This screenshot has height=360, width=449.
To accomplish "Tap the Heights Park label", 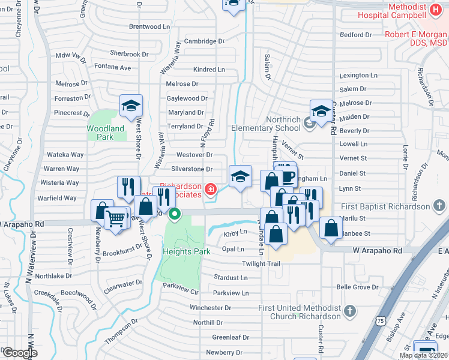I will pos(187,251).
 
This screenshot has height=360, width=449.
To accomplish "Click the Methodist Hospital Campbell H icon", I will pos(436,11).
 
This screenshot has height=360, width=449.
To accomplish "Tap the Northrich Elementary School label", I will pos(267,128).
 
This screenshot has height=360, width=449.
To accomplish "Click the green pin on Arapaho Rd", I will pos(175,213).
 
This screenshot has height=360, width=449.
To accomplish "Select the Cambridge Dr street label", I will pos(204,41).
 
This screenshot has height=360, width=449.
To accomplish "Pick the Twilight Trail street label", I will pos(262,264).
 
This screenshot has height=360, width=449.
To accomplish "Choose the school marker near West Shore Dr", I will pos(130,106).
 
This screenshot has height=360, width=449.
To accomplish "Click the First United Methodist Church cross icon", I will pos(349,311).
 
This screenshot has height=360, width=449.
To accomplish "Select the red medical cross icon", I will pos(210,190).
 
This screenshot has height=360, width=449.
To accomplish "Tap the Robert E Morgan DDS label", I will pos(417,38).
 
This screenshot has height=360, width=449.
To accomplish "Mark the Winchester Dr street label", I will pos(211,308).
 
